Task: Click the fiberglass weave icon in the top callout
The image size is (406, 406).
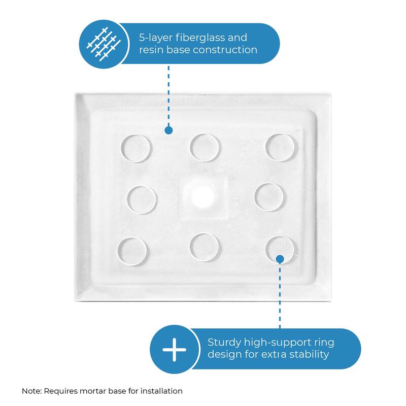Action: point(104,44)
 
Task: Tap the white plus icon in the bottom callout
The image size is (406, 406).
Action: point(174,350)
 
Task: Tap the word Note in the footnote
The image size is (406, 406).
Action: point(31,391)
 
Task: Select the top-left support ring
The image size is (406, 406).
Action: point(136,148)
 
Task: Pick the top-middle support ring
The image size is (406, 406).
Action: point(205,148)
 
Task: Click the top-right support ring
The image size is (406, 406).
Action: point(281,148)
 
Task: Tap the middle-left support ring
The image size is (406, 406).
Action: point(141,198)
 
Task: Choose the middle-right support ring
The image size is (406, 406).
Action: point(268,196)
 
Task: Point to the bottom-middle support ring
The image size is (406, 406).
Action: point(205,247)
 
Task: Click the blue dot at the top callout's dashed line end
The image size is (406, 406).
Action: point(168,130)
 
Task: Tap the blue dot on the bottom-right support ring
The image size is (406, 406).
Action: point(280,259)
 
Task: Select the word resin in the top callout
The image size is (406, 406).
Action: point(153,50)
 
